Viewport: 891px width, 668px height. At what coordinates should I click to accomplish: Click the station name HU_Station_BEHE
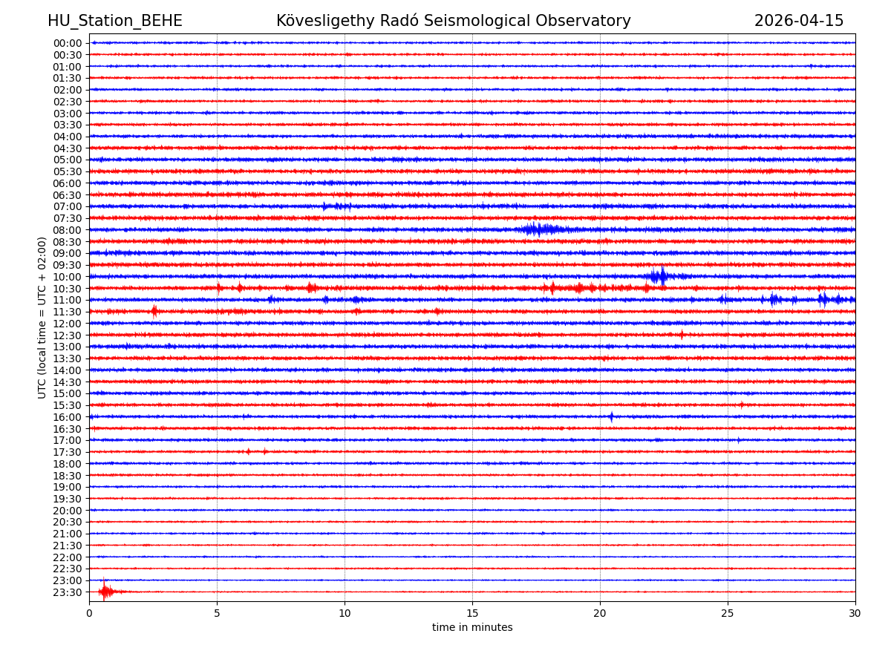114,21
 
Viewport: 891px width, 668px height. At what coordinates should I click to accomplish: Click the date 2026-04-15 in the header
799,21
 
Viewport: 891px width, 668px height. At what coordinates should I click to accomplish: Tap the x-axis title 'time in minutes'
472,627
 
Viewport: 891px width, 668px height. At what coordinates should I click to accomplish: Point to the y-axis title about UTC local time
42,318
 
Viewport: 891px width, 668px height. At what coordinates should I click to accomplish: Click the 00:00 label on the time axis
68,43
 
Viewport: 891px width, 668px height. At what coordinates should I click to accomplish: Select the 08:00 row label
68,230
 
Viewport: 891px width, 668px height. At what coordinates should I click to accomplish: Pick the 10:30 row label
68,289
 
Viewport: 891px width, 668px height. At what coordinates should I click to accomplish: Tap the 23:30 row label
68,592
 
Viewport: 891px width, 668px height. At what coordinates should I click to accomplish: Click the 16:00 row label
68,417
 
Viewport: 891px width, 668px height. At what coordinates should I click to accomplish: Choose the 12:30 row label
68,335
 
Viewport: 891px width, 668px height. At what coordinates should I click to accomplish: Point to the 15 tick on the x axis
472,612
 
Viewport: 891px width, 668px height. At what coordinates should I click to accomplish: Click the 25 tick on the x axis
728,612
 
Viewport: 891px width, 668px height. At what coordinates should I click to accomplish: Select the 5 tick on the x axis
217,612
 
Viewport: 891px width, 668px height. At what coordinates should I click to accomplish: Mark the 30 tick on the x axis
855,612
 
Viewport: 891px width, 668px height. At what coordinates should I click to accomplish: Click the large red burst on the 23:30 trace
106,592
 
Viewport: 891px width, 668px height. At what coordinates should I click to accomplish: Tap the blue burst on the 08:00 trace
538,229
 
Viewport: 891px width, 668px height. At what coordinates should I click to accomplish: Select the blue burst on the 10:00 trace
659,277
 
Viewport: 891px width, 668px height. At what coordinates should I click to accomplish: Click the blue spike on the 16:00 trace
611,417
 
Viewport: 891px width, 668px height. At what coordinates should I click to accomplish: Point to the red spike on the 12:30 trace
682,335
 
